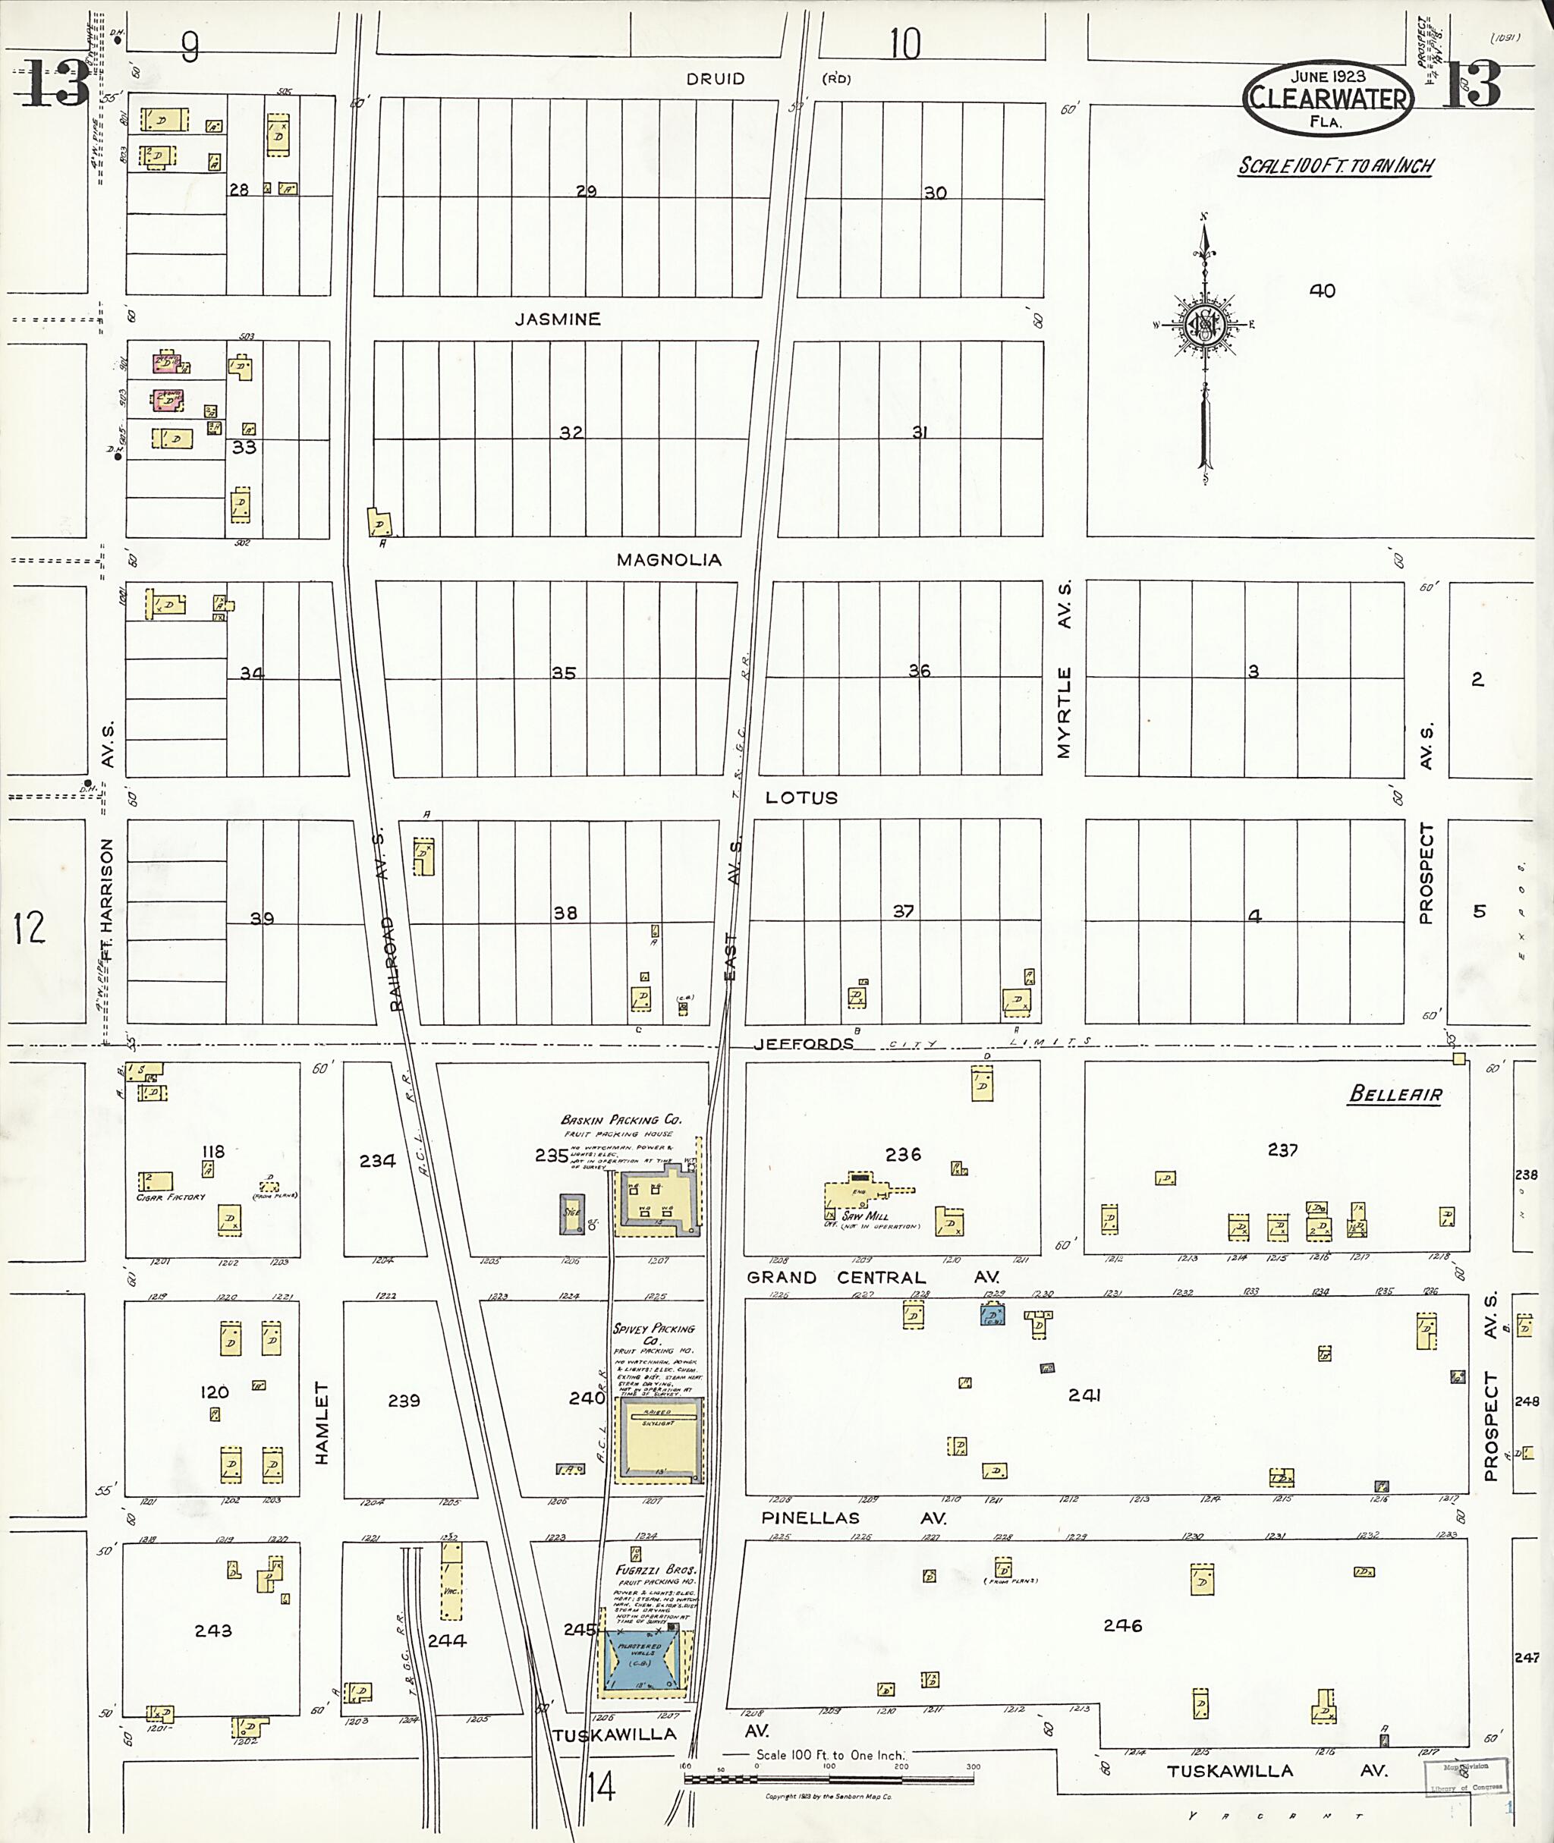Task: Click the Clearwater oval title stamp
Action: tap(1328, 99)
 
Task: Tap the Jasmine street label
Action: tap(558, 319)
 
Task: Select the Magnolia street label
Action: tap(668, 559)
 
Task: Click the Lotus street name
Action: tap(801, 797)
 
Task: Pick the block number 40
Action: tap(1323, 291)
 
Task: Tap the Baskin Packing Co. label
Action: tap(621, 1120)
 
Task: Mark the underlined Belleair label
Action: tap(1395, 1095)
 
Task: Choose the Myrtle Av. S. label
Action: tap(1064, 669)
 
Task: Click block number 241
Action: tap(1084, 1395)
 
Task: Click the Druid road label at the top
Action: tap(716, 79)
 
